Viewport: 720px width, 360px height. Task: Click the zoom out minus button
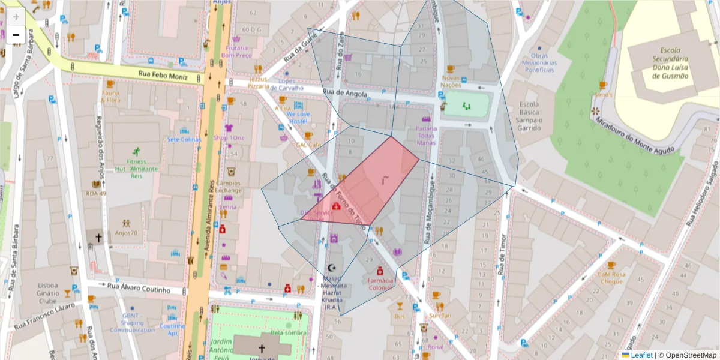pos(16,35)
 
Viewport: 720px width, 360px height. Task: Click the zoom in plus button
pos(16,17)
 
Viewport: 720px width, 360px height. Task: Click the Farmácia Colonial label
pos(380,284)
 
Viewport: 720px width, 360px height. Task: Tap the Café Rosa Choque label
pos(611,277)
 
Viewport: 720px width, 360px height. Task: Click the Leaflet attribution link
pos(641,355)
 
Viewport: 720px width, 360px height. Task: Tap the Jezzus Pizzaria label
pos(259,83)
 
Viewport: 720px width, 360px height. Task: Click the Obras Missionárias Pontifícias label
pos(539,63)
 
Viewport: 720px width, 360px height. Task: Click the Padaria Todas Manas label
pos(425,135)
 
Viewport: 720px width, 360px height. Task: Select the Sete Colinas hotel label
pos(184,139)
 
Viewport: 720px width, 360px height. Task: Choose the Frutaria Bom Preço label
pos(236,51)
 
